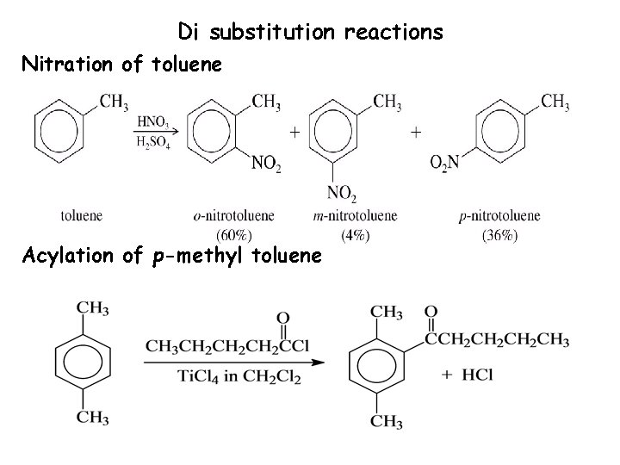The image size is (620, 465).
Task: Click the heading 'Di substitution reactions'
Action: (x=310, y=33)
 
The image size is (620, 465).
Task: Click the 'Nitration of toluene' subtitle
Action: (x=121, y=64)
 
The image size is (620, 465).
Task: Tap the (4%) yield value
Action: (x=351, y=233)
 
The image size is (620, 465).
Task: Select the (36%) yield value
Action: (x=488, y=233)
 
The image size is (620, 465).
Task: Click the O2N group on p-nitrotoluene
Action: (x=445, y=161)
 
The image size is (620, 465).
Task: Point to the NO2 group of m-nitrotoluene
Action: (x=342, y=193)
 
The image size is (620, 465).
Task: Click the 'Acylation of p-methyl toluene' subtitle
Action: (x=172, y=256)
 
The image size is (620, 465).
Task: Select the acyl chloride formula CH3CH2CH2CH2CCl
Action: (x=227, y=346)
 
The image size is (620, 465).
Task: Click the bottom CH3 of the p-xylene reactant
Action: (x=92, y=418)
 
